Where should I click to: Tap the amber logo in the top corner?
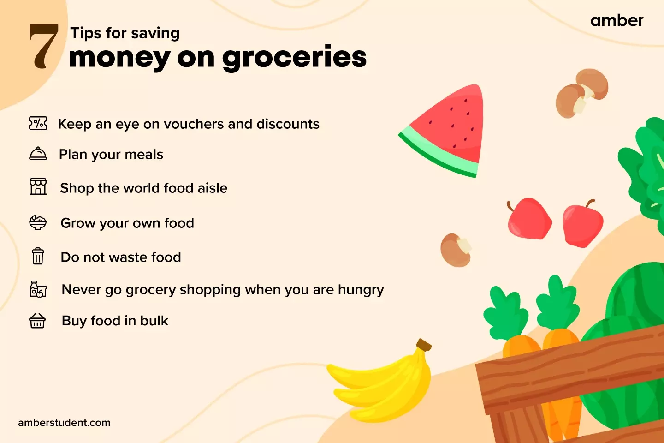click(x=617, y=21)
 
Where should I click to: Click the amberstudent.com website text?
click(x=64, y=423)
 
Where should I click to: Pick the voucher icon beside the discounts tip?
click(x=38, y=124)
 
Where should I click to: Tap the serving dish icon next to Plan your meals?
click(x=38, y=154)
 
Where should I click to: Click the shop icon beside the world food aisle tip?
click(x=38, y=186)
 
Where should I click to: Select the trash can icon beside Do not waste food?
click(x=38, y=256)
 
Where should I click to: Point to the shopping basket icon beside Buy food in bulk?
click(x=37, y=320)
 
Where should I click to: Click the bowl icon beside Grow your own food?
click(x=38, y=222)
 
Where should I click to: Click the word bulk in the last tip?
click(x=154, y=321)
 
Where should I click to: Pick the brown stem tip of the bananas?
click(x=423, y=345)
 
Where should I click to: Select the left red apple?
click(x=529, y=219)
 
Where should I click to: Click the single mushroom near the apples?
click(x=456, y=251)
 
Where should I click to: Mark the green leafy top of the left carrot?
click(x=505, y=314)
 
